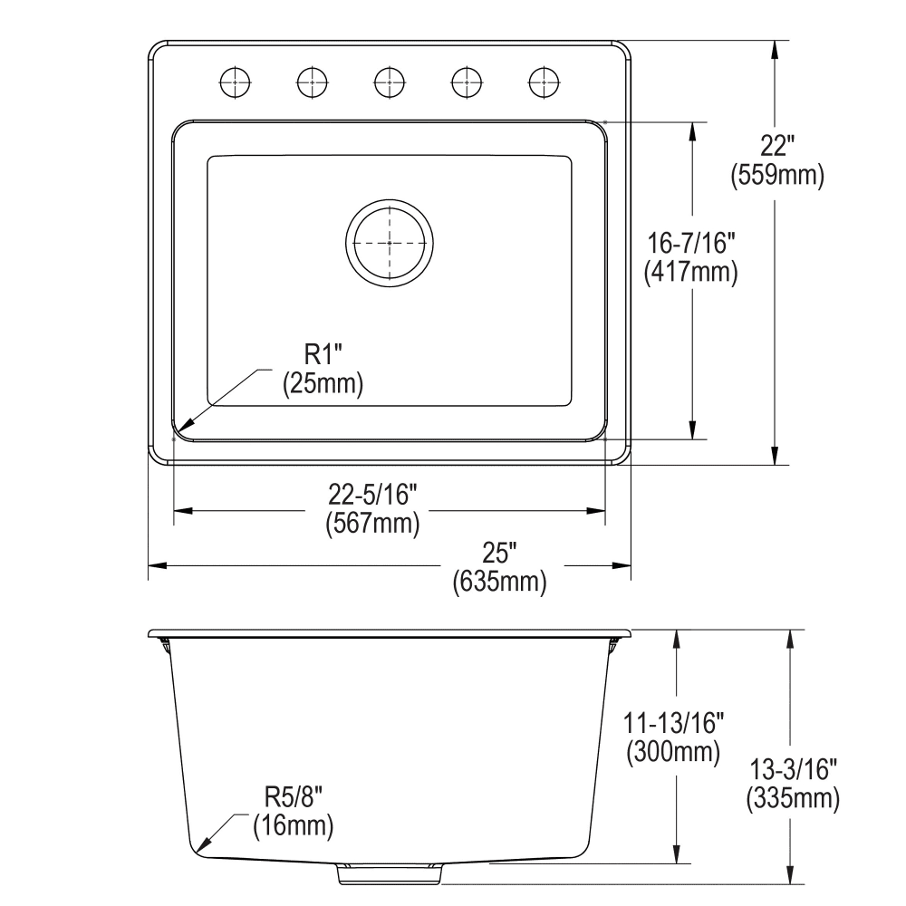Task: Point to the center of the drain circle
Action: click(x=389, y=243)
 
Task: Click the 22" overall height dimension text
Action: click(x=776, y=145)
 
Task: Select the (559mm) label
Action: click(x=776, y=178)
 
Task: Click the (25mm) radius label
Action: click(x=323, y=384)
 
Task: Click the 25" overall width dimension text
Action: click(x=499, y=551)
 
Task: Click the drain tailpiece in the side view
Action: click(x=390, y=873)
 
